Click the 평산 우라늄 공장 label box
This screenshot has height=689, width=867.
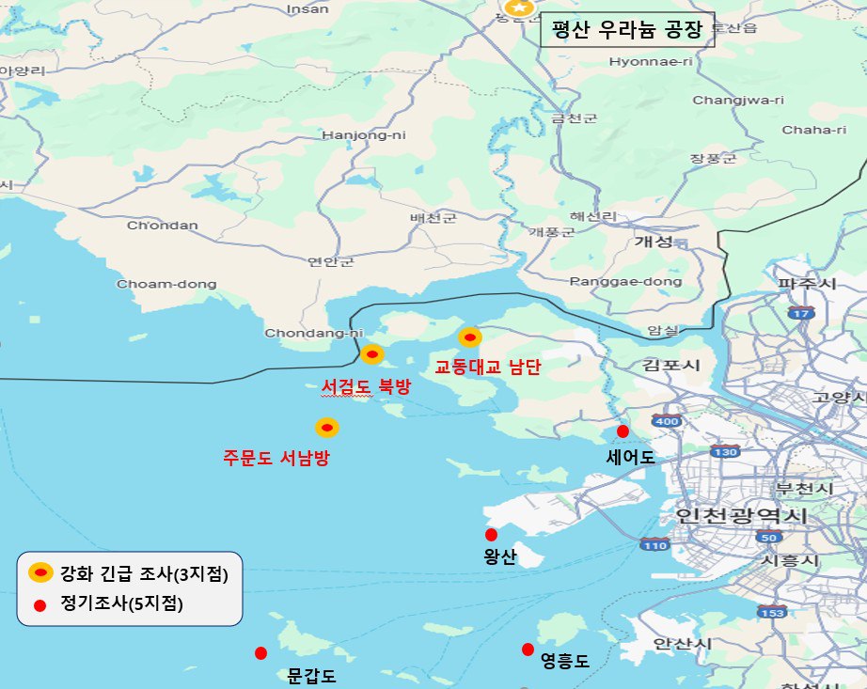(627, 29)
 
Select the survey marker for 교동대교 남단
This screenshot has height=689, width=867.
(469, 337)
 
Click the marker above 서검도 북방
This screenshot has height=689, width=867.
(371, 354)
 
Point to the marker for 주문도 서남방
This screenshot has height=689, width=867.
(326, 428)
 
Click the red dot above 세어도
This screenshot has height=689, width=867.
(623, 431)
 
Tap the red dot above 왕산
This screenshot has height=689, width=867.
(491, 535)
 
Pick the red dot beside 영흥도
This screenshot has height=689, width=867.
(528, 650)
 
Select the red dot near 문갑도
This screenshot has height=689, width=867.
(260, 653)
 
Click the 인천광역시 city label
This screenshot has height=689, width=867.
(742, 515)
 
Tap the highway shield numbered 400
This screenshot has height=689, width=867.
(666, 421)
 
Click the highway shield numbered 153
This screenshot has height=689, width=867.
(773, 612)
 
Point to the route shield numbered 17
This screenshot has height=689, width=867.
(801, 313)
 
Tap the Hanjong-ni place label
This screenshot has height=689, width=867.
(363, 134)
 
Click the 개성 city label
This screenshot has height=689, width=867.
(654, 242)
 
